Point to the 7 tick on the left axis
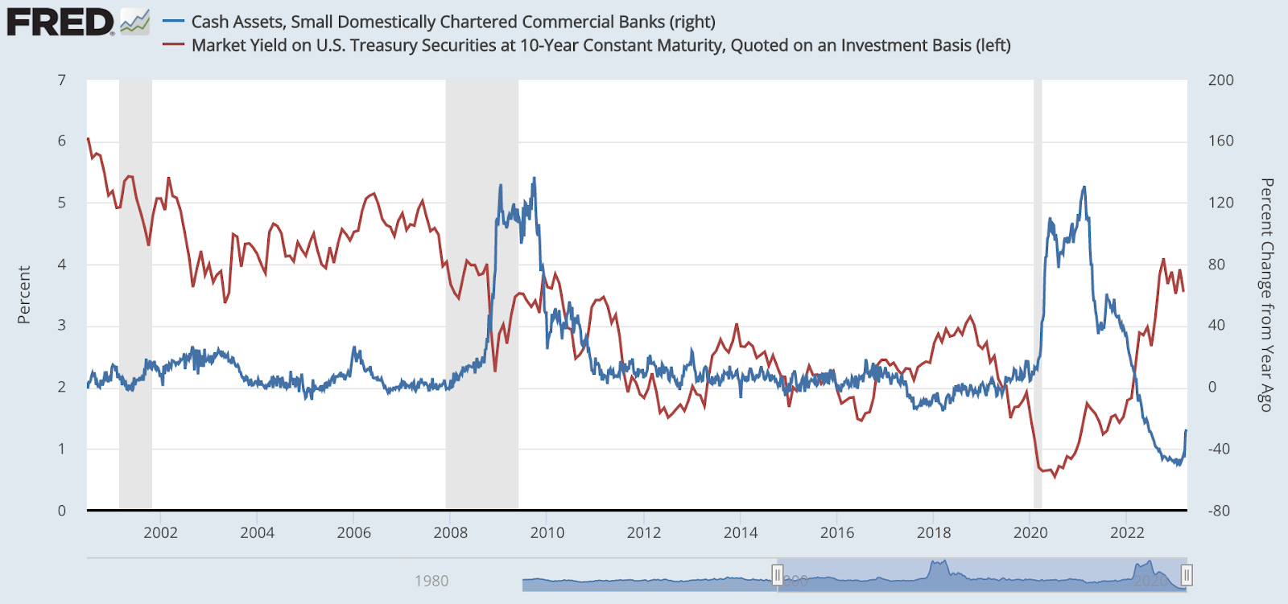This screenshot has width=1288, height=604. pyautogui.click(x=62, y=80)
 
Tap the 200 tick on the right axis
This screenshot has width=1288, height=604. pyautogui.click(x=1220, y=80)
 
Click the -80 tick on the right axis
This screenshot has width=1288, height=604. pyautogui.click(x=1219, y=511)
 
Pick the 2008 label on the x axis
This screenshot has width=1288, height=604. pyautogui.click(x=450, y=532)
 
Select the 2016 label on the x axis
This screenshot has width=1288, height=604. pyautogui.click(x=837, y=532)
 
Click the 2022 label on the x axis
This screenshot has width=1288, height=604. pyautogui.click(x=1127, y=532)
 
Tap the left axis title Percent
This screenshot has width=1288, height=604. pyautogui.click(x=24, y=295)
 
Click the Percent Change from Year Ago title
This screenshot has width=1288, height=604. pyautogui.click(x=1266, y=295)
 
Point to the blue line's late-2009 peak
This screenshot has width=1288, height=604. pyautogui.click(x=534, y=179)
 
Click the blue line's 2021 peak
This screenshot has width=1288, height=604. pyautogui.click(x=1084, y=187)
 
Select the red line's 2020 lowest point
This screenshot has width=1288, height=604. pyautogui.click(x=1055, y=477)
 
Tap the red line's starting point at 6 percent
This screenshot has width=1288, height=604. pyautogui.click(x=88, y=139)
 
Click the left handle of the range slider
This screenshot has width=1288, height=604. pyautogui.click(x=778, y=575)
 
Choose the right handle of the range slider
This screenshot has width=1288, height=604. pyautogui.click(x=1186, y=575)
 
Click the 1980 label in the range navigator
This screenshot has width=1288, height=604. pyautogui.click(x=431, y=581)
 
